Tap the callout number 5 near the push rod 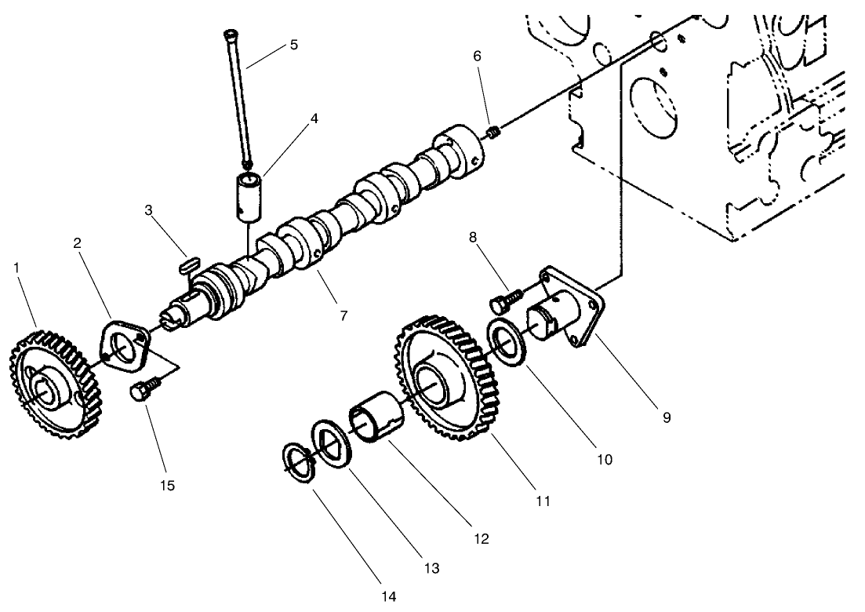point(293,44)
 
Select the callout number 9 point(667,417)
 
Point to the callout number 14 point(390,597)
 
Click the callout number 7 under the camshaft point(343,315)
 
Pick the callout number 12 point(481,539)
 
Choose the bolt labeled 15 point(147,388)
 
